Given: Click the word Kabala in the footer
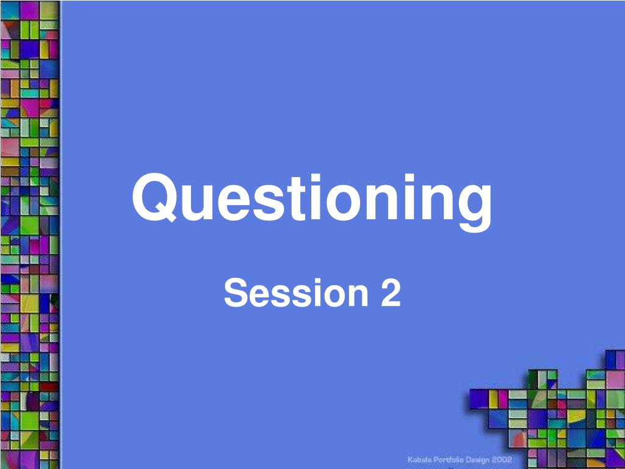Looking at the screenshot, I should click(x=421, y=459).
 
